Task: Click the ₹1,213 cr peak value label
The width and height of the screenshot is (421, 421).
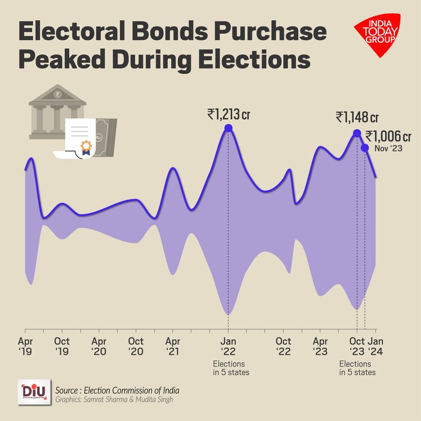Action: tap(228, 115)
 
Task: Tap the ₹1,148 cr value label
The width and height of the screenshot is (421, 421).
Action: tap(357, 117)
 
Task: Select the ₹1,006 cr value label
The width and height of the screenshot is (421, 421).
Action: tap(388, 136)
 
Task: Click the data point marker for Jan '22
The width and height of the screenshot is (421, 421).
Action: tap(228, 129)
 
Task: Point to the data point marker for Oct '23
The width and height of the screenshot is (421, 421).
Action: tap(356, 133)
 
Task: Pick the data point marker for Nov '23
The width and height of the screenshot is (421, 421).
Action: tap(365, 148)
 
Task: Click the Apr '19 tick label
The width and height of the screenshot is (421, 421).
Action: tap(25, 346)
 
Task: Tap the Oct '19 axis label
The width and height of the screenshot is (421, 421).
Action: tap(62, 346)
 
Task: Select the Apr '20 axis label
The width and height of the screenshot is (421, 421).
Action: tap(99, 346)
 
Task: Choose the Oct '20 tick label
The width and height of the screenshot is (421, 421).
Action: tap(136, 346)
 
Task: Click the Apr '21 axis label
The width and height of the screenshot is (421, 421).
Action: tap(173, 346)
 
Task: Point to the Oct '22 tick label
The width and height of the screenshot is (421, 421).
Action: tap(283, 346)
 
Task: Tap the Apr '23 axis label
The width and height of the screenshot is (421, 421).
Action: tap(321, 346)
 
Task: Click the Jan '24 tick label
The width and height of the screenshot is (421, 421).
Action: tap(376, 346)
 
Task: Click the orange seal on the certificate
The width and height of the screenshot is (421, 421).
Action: tap(86, 147)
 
